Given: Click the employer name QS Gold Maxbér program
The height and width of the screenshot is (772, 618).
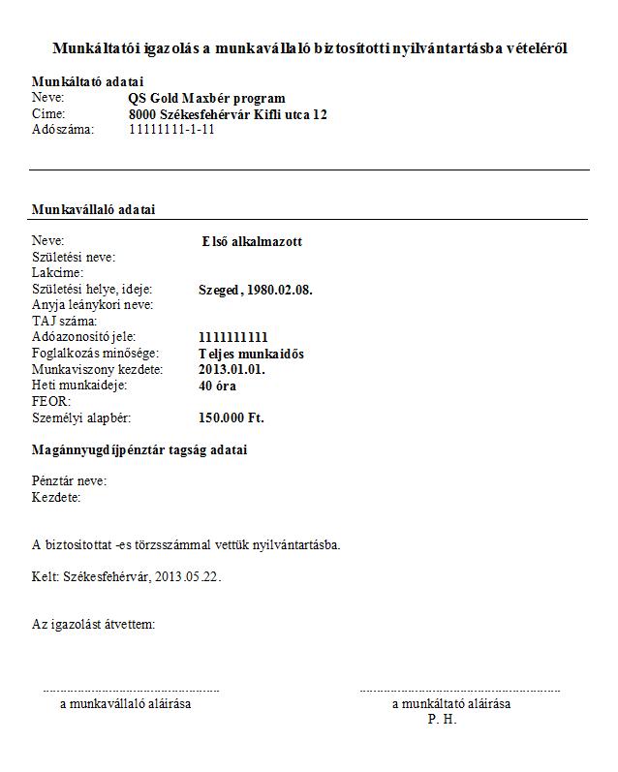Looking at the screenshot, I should point(206,99).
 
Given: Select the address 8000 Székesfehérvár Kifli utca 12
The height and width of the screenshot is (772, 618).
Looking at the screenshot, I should point(228,114).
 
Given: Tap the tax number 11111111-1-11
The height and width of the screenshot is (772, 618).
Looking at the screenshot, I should point(171,129).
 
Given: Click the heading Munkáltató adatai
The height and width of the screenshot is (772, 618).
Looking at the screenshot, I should point(87,82).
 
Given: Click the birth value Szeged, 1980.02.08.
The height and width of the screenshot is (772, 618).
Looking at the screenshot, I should point(255,290).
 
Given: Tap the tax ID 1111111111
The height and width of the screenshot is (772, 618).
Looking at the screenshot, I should point(232,337).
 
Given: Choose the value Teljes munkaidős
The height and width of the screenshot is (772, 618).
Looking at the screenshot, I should point(250,354).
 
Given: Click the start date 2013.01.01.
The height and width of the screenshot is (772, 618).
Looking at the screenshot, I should point(232,369).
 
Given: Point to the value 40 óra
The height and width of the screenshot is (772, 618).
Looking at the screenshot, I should point(218,386).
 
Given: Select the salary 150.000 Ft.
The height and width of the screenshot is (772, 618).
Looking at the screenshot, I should point(231,417).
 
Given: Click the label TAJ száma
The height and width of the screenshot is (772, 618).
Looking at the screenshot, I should point(66,321).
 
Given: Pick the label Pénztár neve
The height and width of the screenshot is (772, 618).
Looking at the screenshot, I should point(69,481).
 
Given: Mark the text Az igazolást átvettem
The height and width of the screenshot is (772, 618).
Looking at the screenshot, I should point(93,625).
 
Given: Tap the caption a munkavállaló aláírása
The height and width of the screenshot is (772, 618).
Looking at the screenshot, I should point(125,704).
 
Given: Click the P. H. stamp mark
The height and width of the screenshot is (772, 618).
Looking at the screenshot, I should point(442,720).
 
